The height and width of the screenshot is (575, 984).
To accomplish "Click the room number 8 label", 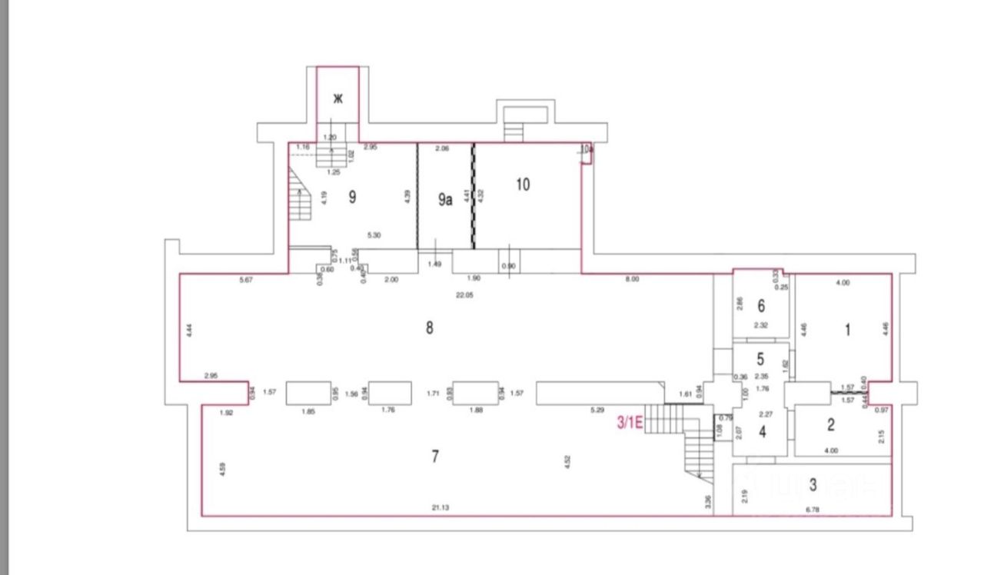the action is [x=430, y=328].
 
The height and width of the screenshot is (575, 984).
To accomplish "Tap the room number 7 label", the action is [x=435, y=457].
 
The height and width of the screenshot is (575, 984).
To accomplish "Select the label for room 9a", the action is [x=445, y=200].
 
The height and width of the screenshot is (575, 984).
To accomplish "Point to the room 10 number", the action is [x=523, y=184].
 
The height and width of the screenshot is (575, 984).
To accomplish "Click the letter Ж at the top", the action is [x=337, y=98].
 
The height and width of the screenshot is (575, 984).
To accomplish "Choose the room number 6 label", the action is [x=761, y=306].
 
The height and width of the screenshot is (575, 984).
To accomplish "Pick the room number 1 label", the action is [x=847, y=331].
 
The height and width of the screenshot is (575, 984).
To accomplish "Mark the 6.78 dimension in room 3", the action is [x=812, y=508].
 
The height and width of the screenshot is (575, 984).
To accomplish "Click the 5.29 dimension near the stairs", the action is [x=597, y=410].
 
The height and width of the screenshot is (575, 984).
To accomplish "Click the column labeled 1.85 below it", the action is [x=309, y=393].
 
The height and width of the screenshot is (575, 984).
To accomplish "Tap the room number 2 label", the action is [x=830, y=425].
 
